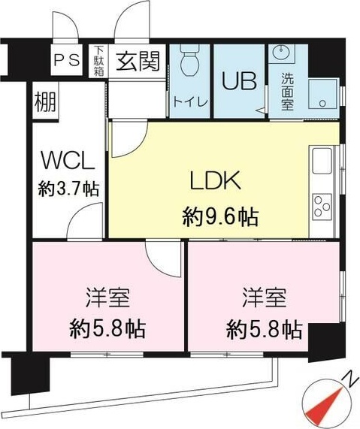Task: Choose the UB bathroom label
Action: (238, 80)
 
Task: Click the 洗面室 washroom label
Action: (287, 91)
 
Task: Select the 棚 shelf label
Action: (44, 102)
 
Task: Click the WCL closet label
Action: (67, 161)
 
